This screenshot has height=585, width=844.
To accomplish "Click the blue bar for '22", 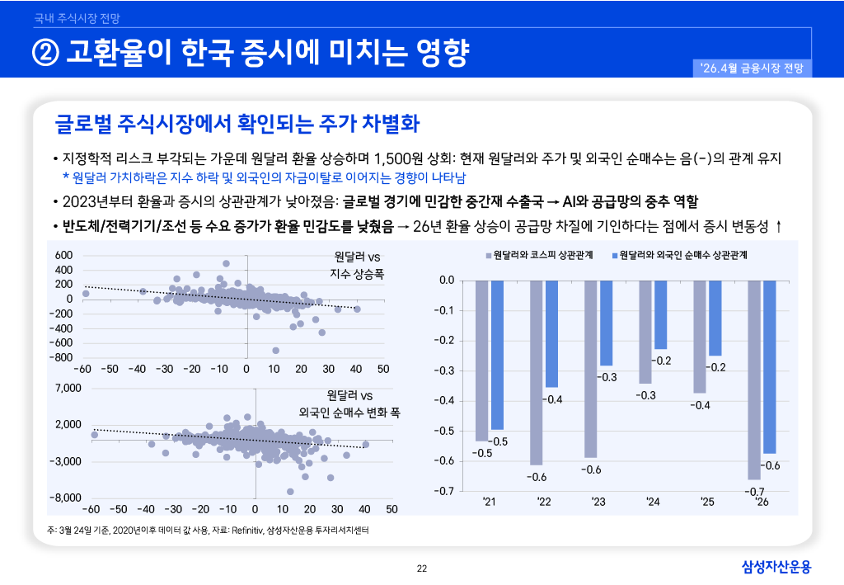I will click(x=551, y=333).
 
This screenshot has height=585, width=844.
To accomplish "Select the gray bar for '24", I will click(x=645, y=332).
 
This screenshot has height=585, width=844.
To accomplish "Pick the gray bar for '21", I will click(x=482, y=361).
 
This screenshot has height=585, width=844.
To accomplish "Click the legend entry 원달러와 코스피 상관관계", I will click(x=539, y=255).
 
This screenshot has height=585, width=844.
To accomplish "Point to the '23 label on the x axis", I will click(x=598, y=502).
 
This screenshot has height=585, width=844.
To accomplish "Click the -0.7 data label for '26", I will click(x=755, y=493).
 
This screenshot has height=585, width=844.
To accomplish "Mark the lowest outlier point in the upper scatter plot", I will click(x=276, y=351).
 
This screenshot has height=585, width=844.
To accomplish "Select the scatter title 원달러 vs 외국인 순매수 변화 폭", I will click(x=349, y=403).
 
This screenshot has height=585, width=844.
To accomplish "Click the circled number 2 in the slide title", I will click(x=45, y=54).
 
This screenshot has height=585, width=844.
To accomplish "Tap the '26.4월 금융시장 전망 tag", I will click(x=753, y=68).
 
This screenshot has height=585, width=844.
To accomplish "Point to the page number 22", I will click(x=422, y=568).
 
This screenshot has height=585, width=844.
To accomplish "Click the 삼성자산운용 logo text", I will click(x=776, y=566).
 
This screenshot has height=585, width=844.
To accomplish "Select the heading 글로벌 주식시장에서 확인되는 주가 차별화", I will click(x=237, y=125).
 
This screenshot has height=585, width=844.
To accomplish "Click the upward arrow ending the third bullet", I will click(x=779, y=226).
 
